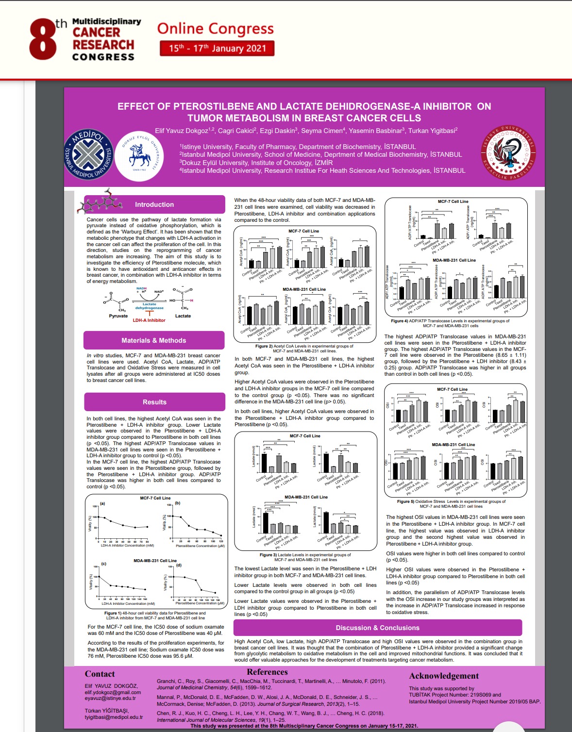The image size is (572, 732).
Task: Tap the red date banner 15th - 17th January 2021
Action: coord(217,48)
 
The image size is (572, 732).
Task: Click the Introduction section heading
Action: coord(154,204)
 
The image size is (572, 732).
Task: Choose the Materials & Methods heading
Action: coord(154,340)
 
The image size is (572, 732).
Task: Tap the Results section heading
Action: coord(154,402)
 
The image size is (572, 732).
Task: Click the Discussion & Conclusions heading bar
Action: coord(377,628)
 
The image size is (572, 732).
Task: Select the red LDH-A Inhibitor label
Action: coord(149,320)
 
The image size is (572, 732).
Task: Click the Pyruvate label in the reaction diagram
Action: coord(118,316)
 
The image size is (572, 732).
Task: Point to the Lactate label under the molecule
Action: coord(183,316)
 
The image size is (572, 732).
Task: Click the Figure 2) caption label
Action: coord(264,346)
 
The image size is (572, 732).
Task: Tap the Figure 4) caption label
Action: coord(400,321)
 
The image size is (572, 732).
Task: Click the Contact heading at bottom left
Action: coord(100,674)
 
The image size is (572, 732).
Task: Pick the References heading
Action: coord(267,672)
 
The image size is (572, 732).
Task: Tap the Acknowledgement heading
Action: coord(444,676)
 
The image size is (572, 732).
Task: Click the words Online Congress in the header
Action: coord(215,29)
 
